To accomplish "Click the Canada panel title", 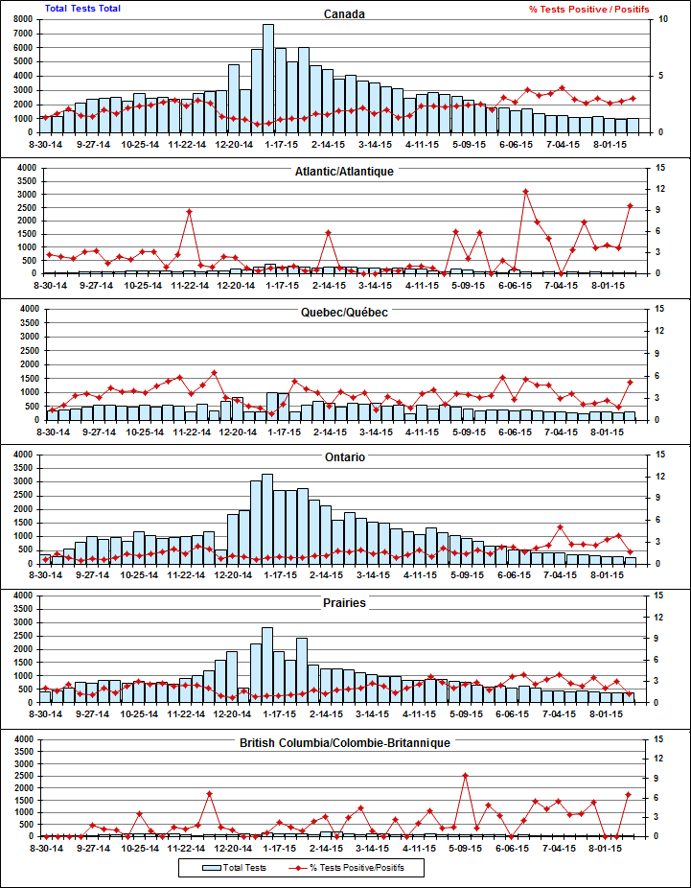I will click(x=345, y=14).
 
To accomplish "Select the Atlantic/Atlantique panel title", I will click(x=345, y=171).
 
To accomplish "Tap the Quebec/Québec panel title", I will click(x=345, y=313).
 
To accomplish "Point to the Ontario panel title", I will click(x=345, y=458).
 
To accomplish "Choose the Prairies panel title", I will click(x=345, y=603).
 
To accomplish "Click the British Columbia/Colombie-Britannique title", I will click(x=345, y=743).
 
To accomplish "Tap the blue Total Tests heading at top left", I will click(x=83, y=9).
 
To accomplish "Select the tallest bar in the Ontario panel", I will click(x=268, y=518).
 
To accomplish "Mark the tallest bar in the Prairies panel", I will click(x=267, y=665).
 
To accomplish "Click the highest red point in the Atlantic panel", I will click(x=526, y=192).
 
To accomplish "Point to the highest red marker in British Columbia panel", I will click(x=466, y=776).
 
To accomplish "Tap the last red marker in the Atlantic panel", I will click(x=631, y=205).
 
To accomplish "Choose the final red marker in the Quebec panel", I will click(x=631, y=382).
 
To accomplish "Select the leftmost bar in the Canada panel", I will click(x=46, y=124).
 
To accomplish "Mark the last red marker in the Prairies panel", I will click(x=631, y=693).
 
